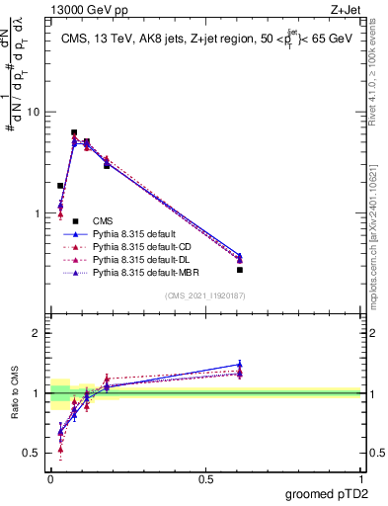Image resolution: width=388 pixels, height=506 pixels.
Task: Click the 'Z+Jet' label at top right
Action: pos(347,11)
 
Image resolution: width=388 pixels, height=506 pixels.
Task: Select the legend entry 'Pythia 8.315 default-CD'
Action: pos(140,246)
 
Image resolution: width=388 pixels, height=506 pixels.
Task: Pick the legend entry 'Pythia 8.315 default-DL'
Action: pos(139,259)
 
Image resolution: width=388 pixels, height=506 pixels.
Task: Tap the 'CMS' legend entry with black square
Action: pos(104,220)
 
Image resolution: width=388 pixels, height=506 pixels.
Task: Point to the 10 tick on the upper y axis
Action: pos(37,112)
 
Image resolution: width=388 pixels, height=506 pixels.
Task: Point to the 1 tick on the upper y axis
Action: pos(39,213)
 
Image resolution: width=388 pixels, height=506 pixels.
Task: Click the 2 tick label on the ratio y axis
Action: pos(37,334)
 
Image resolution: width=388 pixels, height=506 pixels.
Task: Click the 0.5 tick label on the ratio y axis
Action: pos(33,453)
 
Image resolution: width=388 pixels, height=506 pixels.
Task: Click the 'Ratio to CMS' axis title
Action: pos(15,395)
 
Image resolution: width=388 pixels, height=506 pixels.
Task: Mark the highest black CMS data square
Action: pos(74,132)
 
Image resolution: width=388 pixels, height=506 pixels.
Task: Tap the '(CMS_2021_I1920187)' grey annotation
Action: pos(205,295)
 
